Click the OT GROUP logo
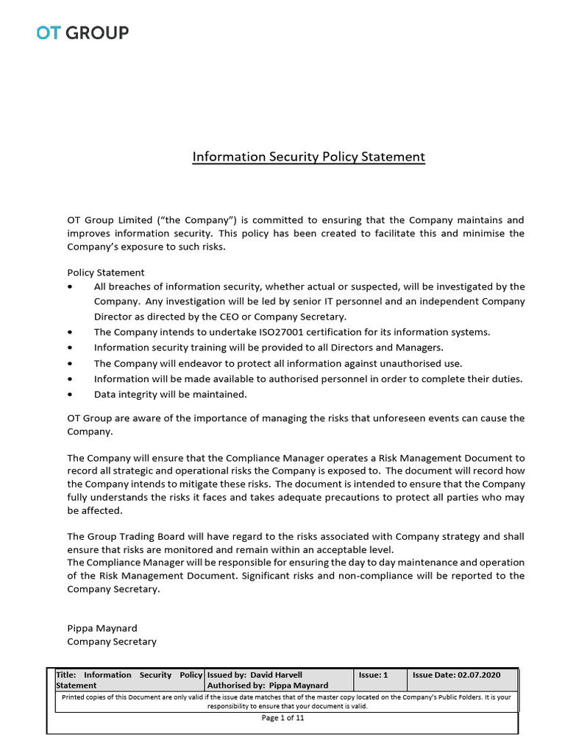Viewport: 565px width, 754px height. (82, 32)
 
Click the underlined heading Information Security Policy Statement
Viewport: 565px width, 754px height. (308, 157)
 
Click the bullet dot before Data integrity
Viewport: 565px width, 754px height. (70, 394)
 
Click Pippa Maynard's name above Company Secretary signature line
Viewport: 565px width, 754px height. (102, 628)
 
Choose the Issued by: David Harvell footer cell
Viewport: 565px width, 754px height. (255, 674)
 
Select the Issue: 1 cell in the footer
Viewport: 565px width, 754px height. (373, 674)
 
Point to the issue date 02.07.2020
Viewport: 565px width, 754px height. (478, 674)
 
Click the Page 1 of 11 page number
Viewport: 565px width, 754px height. (282, 719)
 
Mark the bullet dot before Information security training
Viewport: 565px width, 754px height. (70, 348)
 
